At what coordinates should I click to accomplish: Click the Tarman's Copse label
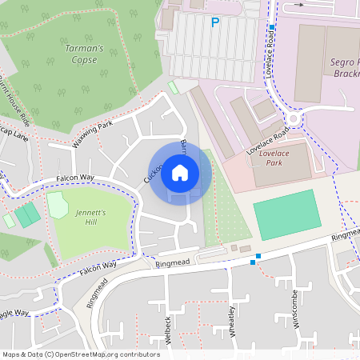[x=84, y=54]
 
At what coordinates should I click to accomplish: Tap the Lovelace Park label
[x=269, y=158]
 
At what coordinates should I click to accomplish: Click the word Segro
[x=343, y=62]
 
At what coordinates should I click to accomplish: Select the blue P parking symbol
[x=214, y=23]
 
